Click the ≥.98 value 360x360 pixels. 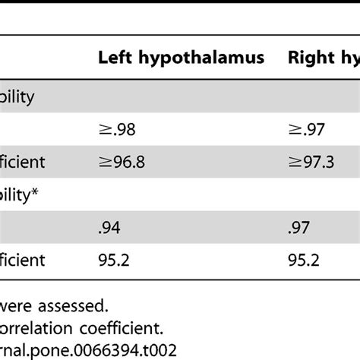[x=121, y=130]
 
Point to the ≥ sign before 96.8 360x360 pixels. [x=105, y=162]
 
